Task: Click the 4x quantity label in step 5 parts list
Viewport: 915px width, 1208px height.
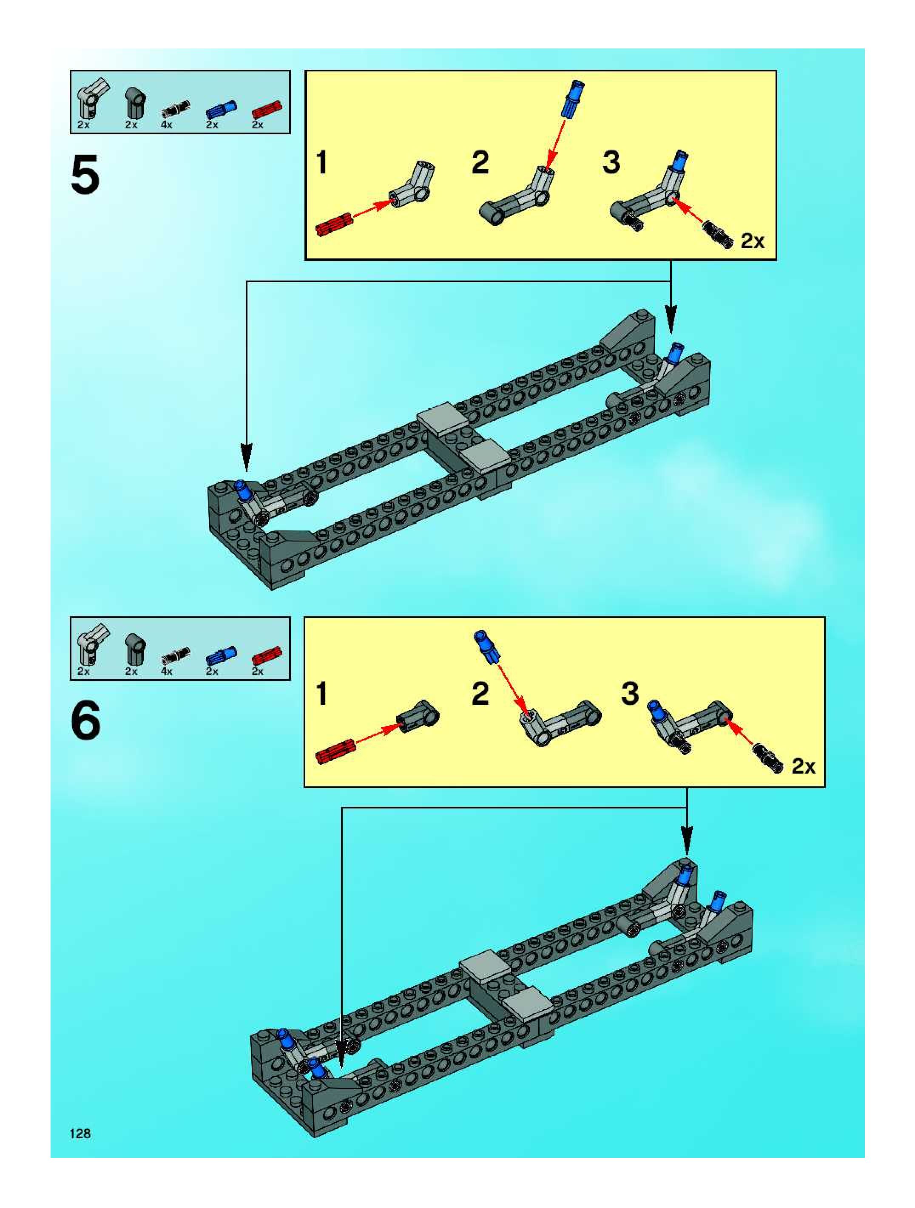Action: point(167,125)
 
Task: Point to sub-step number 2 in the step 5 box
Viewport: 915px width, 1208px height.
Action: point(480,163)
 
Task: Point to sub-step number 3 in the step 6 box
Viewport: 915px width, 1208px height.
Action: point(630,694)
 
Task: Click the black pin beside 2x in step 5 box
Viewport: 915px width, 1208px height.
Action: point(717,235)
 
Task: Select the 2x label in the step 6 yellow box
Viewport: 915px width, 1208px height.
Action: point(804,767)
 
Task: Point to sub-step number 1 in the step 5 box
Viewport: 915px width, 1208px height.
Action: point(322,163)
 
